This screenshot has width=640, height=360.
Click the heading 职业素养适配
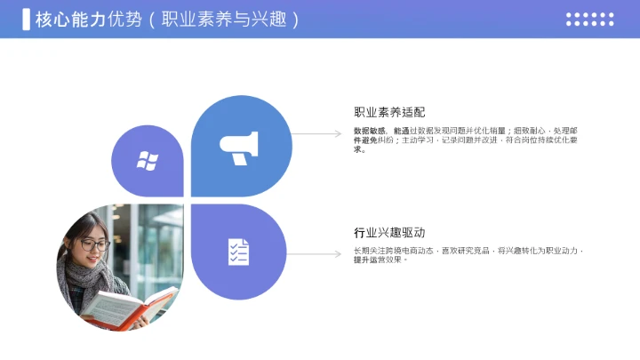[x=389, y=112]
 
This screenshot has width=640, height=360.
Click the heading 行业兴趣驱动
[x=389, y=233]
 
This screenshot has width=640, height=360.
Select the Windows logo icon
[x=147, y=161]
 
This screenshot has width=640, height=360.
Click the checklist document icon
[x=238, y=252]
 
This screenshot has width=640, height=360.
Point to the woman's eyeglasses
[x=94, y=244]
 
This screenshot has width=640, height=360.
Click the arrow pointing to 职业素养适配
[x=316, y=134]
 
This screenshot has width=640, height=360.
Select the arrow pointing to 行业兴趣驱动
[x=316, y=254]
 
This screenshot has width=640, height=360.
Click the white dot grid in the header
[x=589, y=19]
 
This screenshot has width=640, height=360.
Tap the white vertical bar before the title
[x=27, y=19]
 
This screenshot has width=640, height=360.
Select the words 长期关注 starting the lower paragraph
[x=369, y=251]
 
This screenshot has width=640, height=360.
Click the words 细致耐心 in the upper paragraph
[x=527, y=131]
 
